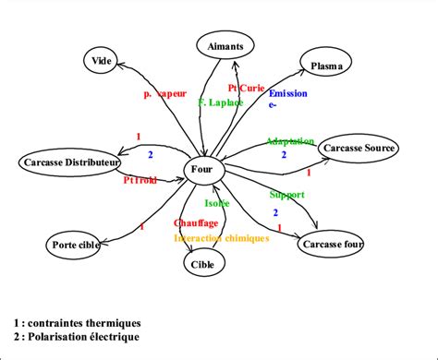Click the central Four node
(x=201, y=170)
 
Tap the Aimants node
(x=225, y=45)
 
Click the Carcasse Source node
(x=359, y=148)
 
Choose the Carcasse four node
(x=329, y=245)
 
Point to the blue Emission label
(x=287, y=94)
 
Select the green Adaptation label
(x=289, y=141)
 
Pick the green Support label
(x=286, y=196)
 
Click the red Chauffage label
(x=196, y=223)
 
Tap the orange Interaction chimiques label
(x=221, y=237)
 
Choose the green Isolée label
(x=217, y=202)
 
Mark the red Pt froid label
(x=141, y=180)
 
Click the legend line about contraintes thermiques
(x=78, y=323)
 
